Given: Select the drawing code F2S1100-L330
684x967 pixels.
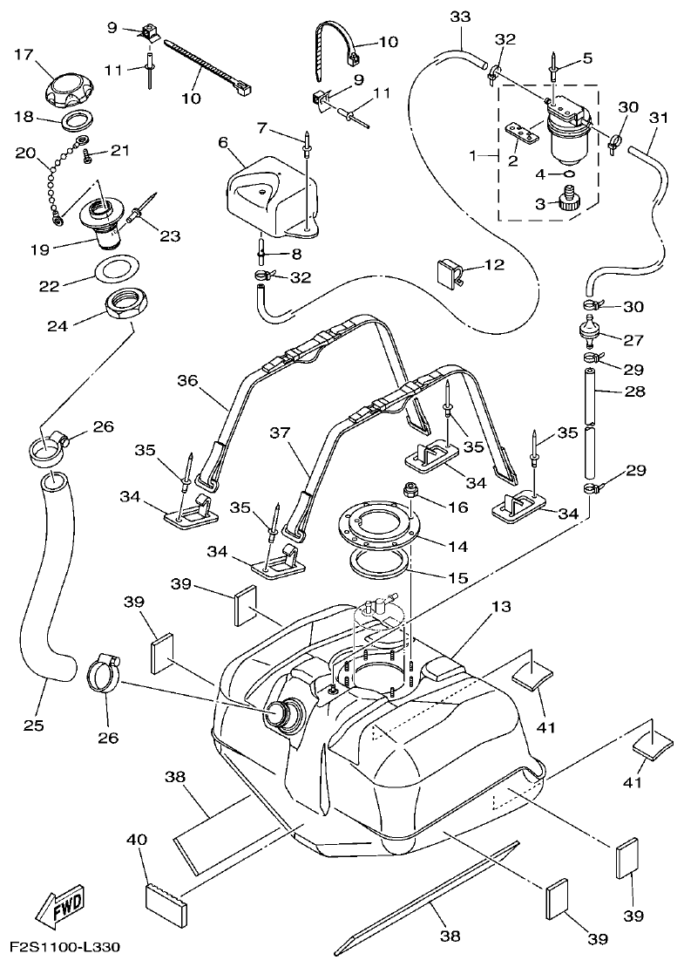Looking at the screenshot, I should click(x=64, y=947).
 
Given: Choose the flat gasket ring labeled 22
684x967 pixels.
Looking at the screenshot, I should click(x=116, y=268).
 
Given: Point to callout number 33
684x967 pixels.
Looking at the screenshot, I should click(x=460, y=17).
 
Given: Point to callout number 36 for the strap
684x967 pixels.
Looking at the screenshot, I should click(x=187, y=380).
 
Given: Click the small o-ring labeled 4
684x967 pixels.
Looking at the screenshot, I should click(x=568, y=174).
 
